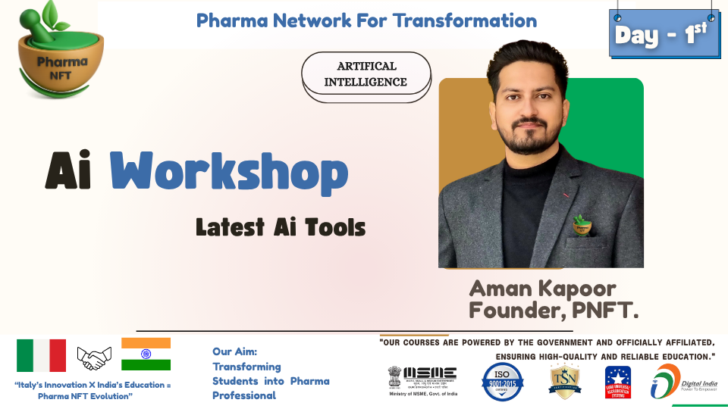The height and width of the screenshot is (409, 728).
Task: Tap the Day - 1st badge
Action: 664,35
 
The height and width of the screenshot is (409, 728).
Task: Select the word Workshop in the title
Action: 229,173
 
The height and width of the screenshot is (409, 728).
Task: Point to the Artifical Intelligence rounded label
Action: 366,73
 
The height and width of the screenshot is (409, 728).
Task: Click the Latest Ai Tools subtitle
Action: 281,226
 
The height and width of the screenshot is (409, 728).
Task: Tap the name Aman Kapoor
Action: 542,289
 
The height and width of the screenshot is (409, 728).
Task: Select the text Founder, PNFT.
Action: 554,310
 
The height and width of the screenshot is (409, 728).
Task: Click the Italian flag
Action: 42,355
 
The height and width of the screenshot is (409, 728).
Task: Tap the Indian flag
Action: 146,354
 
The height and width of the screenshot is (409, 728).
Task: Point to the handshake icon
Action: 94,357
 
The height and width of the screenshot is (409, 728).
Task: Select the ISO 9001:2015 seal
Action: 503,381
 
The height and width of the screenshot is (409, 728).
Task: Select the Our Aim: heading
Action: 234,352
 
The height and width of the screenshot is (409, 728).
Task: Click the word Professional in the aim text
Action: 244,395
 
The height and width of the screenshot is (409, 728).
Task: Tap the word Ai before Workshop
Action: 70,173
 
